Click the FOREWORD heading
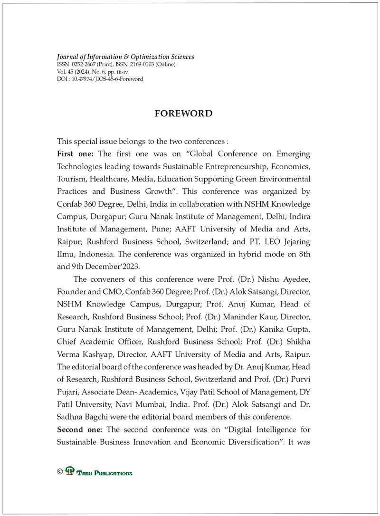(x=183, y=114)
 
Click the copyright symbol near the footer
(x=60, y=472)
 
